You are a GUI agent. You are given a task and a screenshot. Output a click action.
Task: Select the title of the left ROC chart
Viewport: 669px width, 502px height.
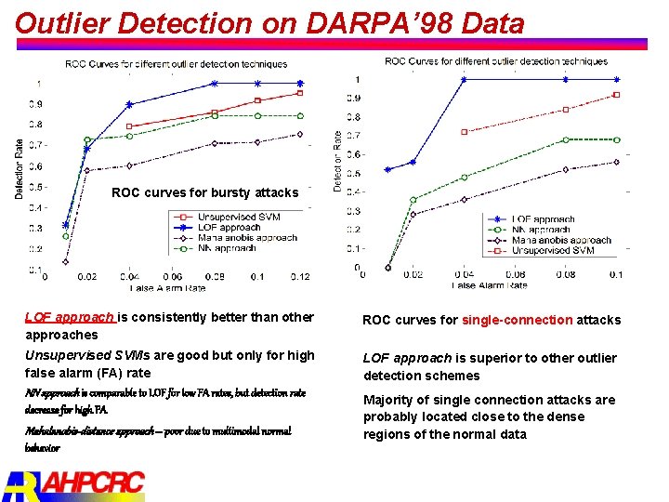(176, 64)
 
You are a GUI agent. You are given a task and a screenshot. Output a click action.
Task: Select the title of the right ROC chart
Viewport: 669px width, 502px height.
(496, 61)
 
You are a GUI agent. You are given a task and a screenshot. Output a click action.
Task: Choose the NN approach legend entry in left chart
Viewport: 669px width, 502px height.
(227, 248)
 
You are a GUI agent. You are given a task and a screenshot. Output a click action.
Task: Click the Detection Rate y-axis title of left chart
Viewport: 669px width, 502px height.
(20, 168)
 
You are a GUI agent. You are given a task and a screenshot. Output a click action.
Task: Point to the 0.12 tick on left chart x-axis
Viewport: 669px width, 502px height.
(299, 277)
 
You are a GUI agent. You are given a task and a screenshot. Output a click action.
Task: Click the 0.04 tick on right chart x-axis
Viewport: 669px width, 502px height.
(464, 275)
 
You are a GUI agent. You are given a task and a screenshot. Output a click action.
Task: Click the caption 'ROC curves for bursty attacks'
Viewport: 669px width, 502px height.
(204, 193)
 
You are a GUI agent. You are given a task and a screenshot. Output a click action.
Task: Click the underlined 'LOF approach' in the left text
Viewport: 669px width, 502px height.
(70, 317)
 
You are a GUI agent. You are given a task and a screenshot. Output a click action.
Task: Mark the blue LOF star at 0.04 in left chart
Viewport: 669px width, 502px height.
(129, 104)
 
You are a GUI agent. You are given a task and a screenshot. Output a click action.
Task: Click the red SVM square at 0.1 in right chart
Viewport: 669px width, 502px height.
(616, 95)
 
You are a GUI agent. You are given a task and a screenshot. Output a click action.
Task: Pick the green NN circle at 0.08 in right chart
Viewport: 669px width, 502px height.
(565, 139)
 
